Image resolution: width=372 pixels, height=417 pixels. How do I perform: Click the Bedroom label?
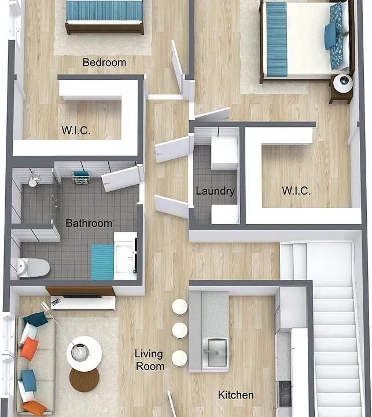click(104, 63)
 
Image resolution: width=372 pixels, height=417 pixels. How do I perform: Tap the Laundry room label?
click(215, 191)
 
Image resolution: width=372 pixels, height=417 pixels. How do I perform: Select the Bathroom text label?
click(89, 223)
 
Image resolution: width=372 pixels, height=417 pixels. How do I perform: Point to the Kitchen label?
click(235, 395)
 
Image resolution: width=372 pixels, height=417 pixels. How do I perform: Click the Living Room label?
click(150, 360)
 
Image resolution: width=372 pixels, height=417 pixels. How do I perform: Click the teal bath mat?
click(102, 262)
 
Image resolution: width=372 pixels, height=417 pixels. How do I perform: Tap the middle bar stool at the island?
click(179, 331)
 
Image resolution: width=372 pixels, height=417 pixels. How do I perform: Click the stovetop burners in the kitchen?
click(285, 394)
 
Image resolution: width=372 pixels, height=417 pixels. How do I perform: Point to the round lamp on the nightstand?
click(343, 83)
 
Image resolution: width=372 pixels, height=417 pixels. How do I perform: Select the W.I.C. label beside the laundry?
click(296, 191)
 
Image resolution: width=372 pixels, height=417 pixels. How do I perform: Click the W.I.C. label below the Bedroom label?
click(76, 130)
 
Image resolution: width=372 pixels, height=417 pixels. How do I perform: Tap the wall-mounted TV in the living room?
click(82, 296)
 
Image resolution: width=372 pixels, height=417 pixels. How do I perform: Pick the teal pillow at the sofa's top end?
click(36, 319)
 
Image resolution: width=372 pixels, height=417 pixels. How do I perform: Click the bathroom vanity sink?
click(125, 259)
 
